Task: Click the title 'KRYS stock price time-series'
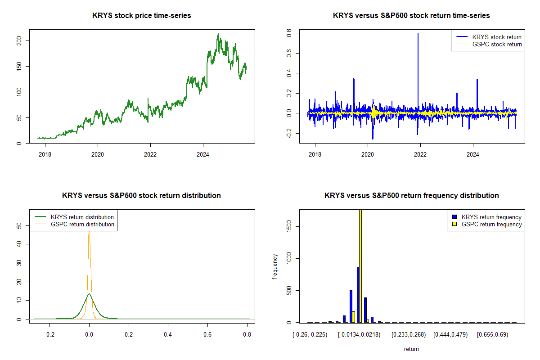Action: pos(142,16)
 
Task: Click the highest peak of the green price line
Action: pos(218,34)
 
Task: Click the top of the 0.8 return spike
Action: pos(418,34)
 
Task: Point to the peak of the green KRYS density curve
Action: pos(89,294)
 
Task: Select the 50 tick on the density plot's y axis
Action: pos(18,226)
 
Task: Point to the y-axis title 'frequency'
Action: pos(275,266)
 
